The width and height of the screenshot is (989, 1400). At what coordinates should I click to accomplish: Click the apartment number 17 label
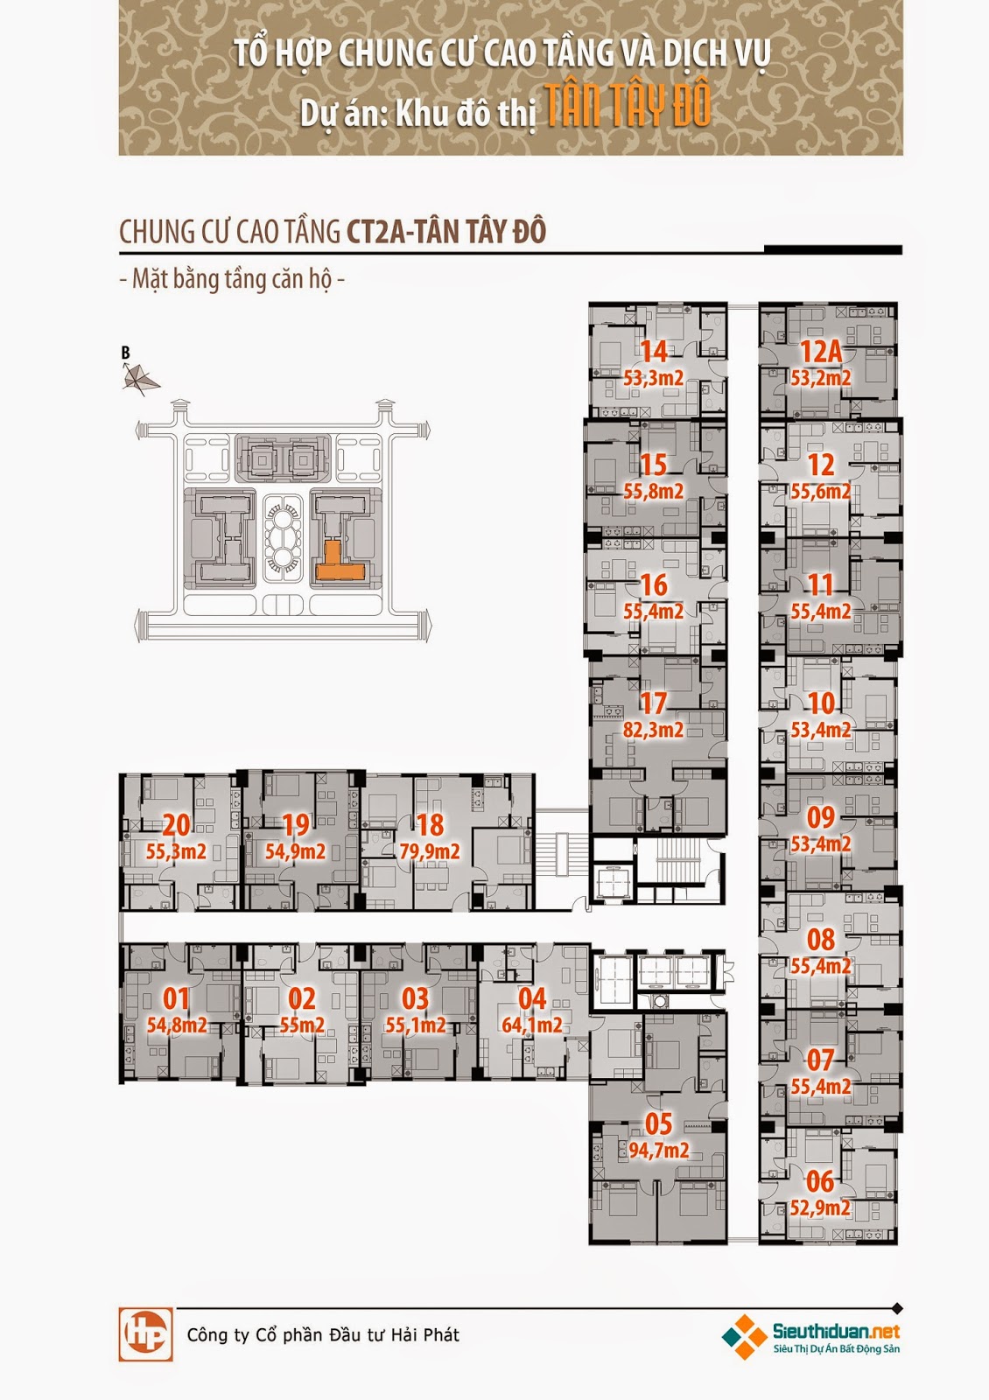(654, 703)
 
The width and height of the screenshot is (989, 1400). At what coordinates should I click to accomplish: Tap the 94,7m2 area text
(659, 1150)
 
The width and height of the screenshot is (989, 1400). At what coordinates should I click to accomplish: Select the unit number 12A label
(821, 352)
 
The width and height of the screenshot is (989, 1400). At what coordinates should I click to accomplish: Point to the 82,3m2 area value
(654, 729)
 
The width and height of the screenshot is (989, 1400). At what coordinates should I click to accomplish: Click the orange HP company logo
(145, 1334)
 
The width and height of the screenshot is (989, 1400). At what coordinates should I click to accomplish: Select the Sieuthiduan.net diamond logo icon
(745, 1336)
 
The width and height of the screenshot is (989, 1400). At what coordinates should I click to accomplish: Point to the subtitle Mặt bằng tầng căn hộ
(231, 279)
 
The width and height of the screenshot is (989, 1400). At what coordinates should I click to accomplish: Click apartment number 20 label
(177, 824)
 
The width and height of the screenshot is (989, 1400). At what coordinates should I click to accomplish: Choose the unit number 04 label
(532, 998)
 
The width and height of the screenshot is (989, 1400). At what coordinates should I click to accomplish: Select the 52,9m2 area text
(820, 1207)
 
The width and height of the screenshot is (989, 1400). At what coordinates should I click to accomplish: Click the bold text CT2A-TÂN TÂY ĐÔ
(446, 232)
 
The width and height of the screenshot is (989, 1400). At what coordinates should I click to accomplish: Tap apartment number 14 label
(654, 352)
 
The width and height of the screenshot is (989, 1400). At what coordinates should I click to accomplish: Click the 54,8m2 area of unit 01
(177, 1025)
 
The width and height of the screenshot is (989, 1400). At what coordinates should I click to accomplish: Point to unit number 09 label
(821, 817)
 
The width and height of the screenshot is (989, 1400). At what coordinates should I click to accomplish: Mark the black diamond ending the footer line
(896, 1309)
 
